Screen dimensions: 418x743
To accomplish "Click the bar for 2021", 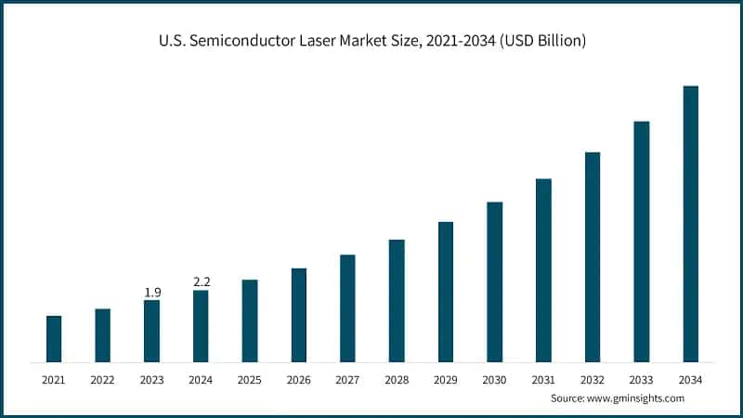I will pyautogui.click(x=54, y=339).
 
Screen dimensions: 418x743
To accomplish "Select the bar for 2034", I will pyautogui.click(x=691, y=224).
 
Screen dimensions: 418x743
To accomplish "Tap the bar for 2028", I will pyautogui.click(x=397, y=301).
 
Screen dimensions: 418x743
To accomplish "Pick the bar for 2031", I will pyautogui.click(x=543, y=270).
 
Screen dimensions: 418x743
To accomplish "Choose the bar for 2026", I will pyautogui.click(x=299, y=315).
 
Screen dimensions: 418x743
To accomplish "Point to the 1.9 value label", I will pyautogui.click(x=152, y=293).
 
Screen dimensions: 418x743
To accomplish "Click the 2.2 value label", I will pyautogui.click(x=202, y=281).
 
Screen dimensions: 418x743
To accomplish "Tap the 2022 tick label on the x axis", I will pyautogui.click(x=102, y=380).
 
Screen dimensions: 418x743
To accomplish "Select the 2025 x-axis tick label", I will pyautogui.click(x=250, y=380).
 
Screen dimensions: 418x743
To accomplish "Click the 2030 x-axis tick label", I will pyautogui.click(x=494, y=380).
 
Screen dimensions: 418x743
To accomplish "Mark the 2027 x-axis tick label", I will pyautogui.click(x=347, y=380).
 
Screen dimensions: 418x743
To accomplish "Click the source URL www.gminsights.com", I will pyautogui.click(x=636, y=398).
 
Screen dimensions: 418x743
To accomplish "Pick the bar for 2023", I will pyautogui.click(x=152, y=331).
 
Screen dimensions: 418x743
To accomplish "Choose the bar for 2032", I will pyautogui.click(x=593, y=257).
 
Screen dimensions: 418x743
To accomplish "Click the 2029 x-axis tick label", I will pyautogui.click(x=446, y=380).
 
